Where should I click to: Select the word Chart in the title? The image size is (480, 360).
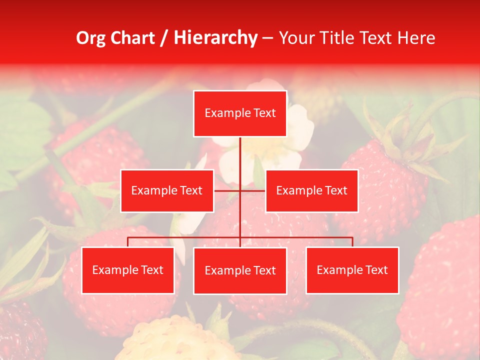132,38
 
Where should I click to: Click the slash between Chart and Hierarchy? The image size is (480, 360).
163,38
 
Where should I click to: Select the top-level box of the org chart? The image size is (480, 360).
240,113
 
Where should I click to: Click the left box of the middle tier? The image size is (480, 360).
167,191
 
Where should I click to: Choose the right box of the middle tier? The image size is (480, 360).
312,191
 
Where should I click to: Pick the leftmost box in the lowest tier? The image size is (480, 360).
128,270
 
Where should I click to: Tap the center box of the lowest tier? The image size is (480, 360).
240,271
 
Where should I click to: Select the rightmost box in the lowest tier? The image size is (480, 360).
352,270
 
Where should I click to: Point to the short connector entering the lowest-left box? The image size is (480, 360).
128,242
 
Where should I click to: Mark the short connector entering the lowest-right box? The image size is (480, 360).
352,242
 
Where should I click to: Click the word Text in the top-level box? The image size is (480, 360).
263,113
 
